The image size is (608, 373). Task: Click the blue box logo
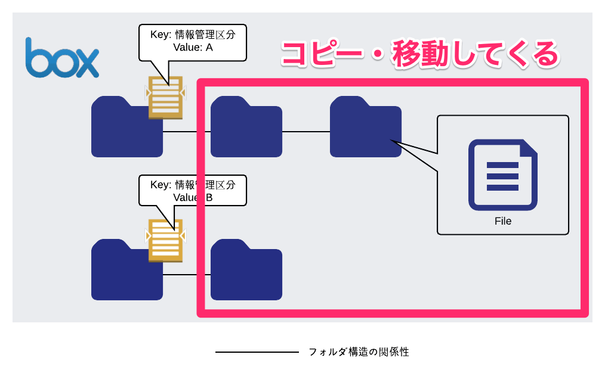(62, 58)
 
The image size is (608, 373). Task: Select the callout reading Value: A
(193, 43)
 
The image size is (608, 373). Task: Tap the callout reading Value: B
(193, 191)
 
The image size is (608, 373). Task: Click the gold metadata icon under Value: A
(165, 98)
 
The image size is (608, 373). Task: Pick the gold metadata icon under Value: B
(165, 241)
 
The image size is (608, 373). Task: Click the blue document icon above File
(503, 175)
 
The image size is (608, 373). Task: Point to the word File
(503, 221)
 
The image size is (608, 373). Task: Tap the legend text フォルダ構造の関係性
(359, 352)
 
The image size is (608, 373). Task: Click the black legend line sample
(257, 352)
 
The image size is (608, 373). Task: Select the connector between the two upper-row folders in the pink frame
(306, 132)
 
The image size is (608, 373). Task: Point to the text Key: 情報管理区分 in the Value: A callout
(193, 35)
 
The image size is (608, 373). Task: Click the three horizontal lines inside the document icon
(502, 176)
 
